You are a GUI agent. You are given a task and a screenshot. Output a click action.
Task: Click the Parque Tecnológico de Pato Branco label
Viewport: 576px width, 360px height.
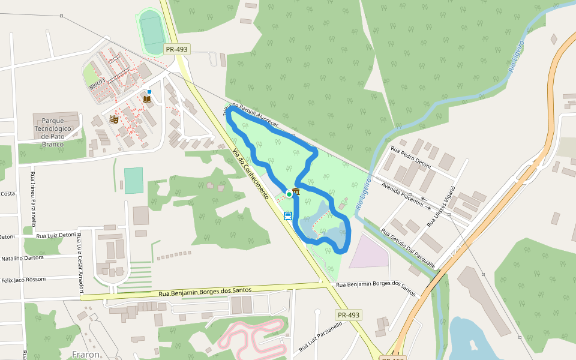tap(53, 128)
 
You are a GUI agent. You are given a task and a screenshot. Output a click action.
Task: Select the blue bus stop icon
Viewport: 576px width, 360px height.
tap(288, 216)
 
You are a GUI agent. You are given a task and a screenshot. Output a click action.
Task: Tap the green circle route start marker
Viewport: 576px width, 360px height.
tap(289, 194)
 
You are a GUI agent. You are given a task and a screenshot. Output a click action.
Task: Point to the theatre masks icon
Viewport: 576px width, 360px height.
tap(114, 119)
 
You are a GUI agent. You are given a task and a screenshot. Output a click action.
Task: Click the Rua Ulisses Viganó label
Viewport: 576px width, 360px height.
tap(441, 206)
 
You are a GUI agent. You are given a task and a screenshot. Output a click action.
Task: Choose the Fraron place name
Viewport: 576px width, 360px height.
tap(86, 355)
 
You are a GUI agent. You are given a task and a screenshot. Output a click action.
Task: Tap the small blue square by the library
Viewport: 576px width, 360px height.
tap(149, 92)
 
